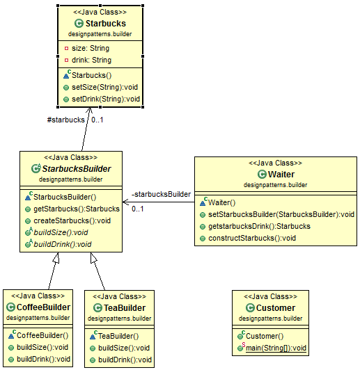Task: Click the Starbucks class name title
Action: click(106, 24)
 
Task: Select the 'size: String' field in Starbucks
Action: click(91, 49)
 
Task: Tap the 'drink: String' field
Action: click(91, 61)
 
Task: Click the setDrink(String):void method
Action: click(106, 99)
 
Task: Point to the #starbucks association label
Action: click(65, 120)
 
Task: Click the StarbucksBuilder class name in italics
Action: click(77, 169)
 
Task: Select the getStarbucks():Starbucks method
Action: click(77, 209)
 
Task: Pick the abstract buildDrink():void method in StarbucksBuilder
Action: click(63, 244)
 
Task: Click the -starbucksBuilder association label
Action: click(161, 194)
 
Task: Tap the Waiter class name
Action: click(281, 175)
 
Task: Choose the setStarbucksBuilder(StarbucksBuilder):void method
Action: click(281, 214)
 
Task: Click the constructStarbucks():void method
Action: click(252, 238)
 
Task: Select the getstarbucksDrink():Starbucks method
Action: click(259, 226)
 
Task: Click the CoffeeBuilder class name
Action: click(43, 307)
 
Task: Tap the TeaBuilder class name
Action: click(125, 308)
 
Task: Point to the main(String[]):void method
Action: click(276, 348)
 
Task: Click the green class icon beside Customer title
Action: click(250, 308)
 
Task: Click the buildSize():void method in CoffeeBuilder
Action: click(42, 347)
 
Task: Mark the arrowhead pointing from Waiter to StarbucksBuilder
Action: click(125, 202)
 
